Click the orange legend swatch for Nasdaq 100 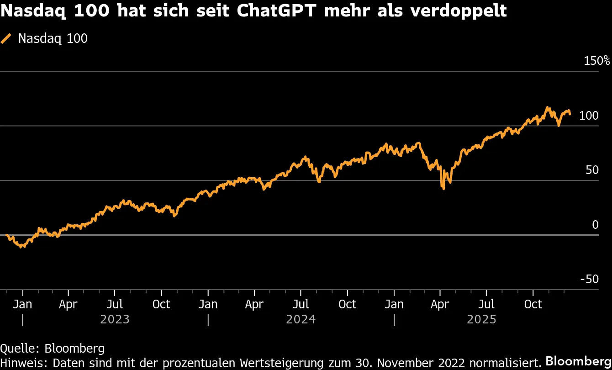(6, 39)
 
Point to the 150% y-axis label (597, 61)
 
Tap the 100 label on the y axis (588, 116)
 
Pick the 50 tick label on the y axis (592, 170)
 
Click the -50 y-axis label (589, 279)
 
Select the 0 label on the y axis (595, 225)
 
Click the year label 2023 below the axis (115, 319)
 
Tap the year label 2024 (301, 319)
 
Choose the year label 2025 (481, 319)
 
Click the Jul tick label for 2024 (301, 304)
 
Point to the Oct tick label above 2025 (533, 304)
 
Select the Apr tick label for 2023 (68, 304)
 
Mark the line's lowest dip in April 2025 (443, 188)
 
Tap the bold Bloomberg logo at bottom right (579, 360)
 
